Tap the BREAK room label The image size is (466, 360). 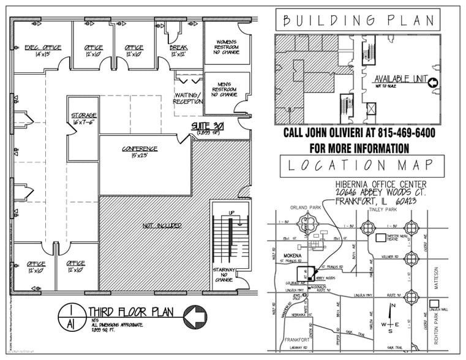point(178,47)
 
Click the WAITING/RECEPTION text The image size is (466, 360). point(188,98)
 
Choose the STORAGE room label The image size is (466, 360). point(83,115)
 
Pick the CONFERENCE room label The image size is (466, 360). point(140,149)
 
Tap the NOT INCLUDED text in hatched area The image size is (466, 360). point(162,226)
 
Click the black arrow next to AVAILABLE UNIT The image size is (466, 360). point(432,83)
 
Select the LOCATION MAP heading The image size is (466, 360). point(362,165)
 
